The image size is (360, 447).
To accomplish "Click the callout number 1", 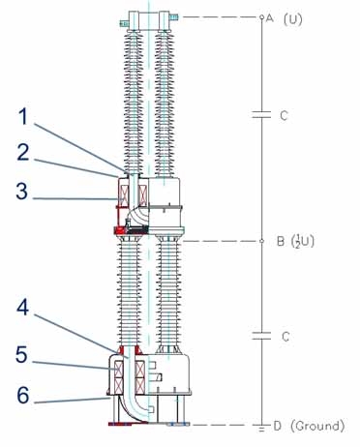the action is (x=23, y=116).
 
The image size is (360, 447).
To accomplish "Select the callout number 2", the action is (x=23, y=153).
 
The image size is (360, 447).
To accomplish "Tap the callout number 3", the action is (x=22, y=191).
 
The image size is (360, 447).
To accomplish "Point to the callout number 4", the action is (x=23, y=307).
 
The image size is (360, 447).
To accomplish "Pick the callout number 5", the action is (x=22, y=354).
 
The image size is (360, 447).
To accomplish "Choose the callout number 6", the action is (x=23, y=395).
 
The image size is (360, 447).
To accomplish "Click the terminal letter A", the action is (x=270, y=18).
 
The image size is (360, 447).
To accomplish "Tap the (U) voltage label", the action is (x=293, y=19).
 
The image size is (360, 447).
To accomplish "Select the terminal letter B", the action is (x=281, y=242).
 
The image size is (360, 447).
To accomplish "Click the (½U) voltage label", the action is (x=303, y=242).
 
